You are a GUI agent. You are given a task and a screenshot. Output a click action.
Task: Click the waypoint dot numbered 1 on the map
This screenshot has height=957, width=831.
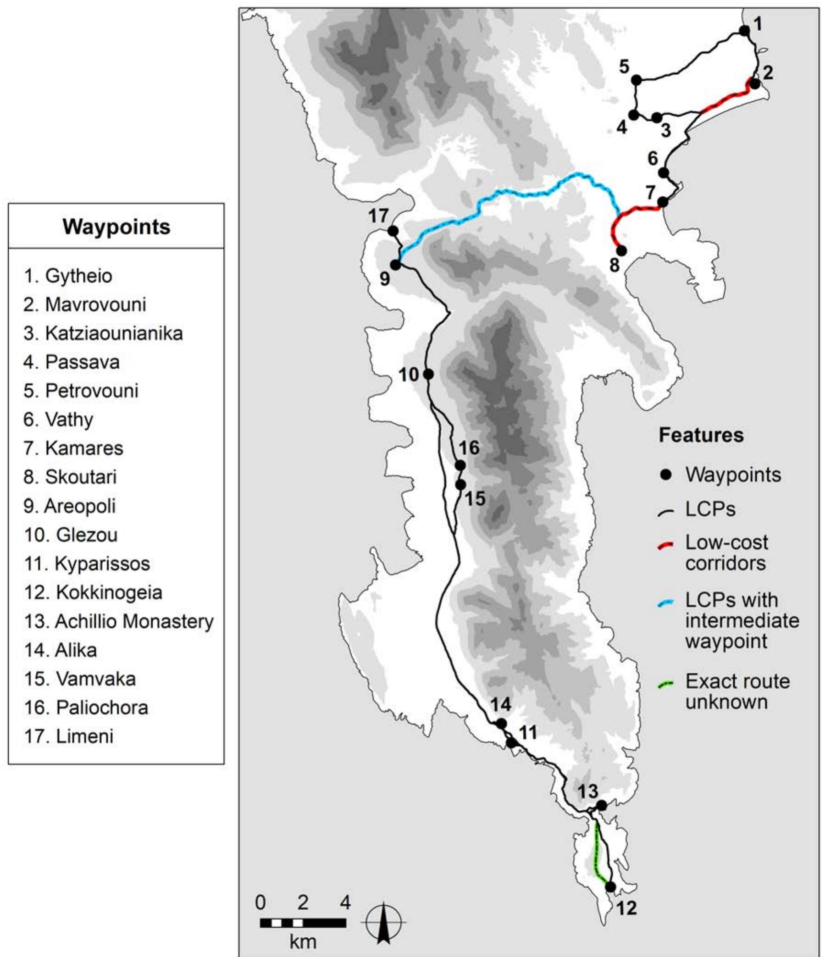coord(744,31)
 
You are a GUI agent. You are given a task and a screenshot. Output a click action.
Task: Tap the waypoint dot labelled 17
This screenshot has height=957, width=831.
coord(393,231)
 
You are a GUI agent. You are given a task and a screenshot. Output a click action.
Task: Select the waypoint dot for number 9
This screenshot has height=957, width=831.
coord(396,265)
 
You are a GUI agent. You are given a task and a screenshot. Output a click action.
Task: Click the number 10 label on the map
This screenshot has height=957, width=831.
coord(409,375)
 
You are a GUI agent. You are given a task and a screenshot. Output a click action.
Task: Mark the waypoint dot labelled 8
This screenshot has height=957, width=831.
coord(621,250)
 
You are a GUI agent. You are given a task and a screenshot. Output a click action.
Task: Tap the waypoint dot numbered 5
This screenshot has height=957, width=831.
coord(637,80)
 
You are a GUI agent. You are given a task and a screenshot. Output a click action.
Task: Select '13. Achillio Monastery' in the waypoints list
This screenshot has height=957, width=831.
coord(118,621)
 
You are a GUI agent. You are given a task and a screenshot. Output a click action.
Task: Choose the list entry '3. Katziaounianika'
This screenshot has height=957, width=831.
coord(103,333)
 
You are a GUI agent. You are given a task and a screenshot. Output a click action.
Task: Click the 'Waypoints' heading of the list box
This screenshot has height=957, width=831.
coord(116,227)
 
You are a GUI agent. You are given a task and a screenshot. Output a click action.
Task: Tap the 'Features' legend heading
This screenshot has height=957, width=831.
coord(701,435)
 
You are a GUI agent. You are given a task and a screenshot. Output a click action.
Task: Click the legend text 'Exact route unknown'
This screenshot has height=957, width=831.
coord(737,691)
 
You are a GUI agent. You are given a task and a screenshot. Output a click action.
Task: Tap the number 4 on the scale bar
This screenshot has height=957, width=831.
coord(345,902)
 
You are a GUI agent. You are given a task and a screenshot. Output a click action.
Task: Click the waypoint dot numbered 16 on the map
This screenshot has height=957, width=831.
coord(460,465)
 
